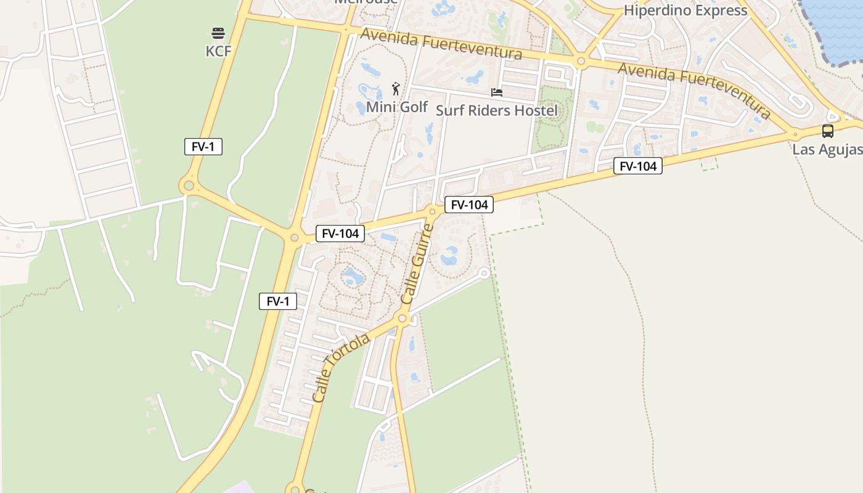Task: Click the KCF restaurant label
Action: (x=218, y=51)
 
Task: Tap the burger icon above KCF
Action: (x=218, y=33)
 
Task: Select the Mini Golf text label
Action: (x=397, y=107)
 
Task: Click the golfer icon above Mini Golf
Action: (x=396, y=89)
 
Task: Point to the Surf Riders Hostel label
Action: (x=496, y=110)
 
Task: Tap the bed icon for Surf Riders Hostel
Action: (x=497, y=92)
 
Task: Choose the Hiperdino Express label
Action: (x=685, y=10)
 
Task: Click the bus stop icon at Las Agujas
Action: (x=827, y=131)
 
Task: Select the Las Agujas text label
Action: (x=827, y=150)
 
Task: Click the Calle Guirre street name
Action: (x=417, y=264)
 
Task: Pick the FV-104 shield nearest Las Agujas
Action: (x=637, y=166)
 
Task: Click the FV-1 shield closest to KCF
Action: (x=203, y=147)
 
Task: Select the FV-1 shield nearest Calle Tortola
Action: (x=278, y=301)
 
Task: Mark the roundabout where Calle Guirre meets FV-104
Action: (x=433, y=212)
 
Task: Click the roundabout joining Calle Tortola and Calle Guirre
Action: (x=403, y=318)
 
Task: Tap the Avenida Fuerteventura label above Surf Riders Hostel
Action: (x=441, y=44)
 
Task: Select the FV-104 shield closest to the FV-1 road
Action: (x=340, y=234)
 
